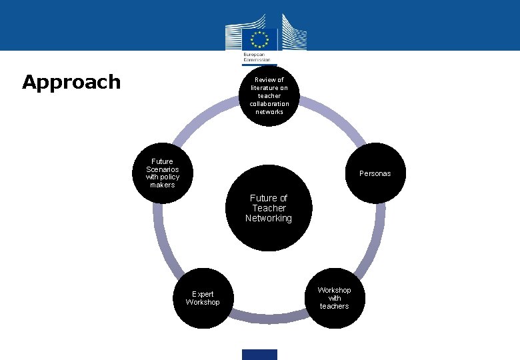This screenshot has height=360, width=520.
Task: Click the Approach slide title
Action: tap(71, 82)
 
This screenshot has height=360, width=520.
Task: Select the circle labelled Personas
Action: tap(375, 173)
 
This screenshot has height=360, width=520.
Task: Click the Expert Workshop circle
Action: tap(203, 299)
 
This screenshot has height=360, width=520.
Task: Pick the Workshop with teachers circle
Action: tap(334, 299)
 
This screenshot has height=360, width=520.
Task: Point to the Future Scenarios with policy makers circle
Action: tap(162, 173)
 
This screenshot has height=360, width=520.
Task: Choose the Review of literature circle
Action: tap(269, 95)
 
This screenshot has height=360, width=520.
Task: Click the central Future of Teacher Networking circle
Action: tap(269, 208)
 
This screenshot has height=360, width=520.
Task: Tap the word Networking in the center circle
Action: tap(269, 219)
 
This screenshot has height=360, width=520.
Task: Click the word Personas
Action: tap(375, 173)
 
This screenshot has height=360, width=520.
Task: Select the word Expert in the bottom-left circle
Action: tap(203, 294)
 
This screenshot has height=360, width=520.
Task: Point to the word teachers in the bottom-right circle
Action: tap(334, 306)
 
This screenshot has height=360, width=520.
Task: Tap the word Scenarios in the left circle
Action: tap(162, 169)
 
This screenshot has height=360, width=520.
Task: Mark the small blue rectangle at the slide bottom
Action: tap(259, 354)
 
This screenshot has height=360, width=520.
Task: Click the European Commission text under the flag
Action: tap(256, 56)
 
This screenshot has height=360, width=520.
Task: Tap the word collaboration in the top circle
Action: tap(269, 103)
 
